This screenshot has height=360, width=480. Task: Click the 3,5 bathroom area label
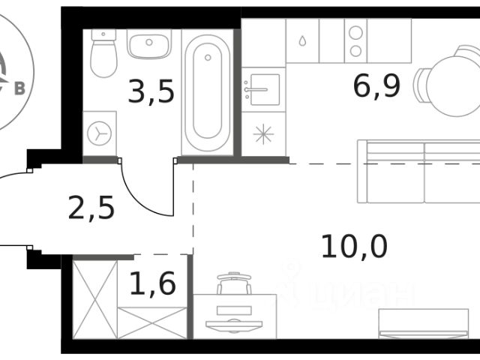[151, 91]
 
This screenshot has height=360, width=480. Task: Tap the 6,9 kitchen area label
[376, 86]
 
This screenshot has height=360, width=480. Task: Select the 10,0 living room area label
[355, 246]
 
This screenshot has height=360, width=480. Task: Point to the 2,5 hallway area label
[91, 207]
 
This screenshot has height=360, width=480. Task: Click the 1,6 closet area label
[153, 283]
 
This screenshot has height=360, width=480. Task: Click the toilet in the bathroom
[103, 53]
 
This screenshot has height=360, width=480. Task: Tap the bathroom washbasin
[149, 44]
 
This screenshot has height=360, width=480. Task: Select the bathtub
[208, 91]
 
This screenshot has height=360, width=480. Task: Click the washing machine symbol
[99, 133]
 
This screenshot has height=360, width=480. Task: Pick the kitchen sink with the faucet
[263, 89]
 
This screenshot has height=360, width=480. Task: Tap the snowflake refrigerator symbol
[263, 134]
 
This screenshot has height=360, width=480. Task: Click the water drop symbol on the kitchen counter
[302, 40]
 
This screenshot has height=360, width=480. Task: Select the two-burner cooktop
[355, 41]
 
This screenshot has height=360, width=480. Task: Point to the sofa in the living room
[418, 172]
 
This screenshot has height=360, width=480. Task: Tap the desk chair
[234, 283]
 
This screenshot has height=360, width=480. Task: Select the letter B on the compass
[20, 88]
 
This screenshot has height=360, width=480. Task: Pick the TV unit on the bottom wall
[424, 324]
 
